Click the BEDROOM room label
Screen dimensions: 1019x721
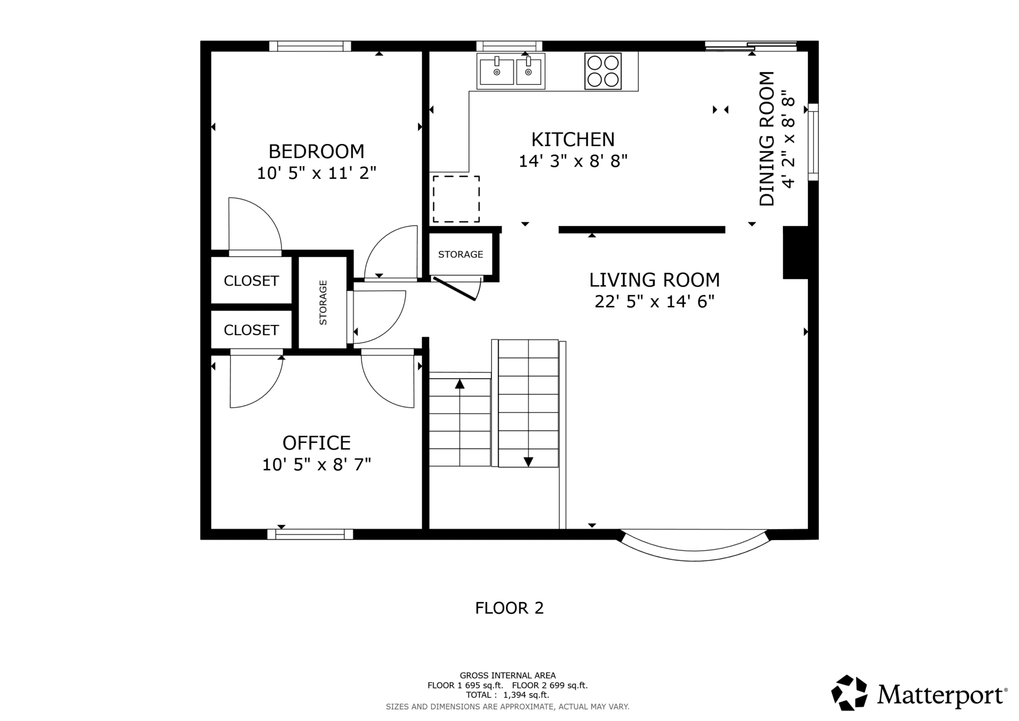[316, 152]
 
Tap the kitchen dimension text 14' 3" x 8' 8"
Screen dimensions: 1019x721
[573, 161]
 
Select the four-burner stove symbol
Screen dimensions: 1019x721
[603, 71]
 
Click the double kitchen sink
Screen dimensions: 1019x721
[511, 71]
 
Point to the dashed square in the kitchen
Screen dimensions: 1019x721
[456, 199]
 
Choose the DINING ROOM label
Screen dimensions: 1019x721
[767, 139]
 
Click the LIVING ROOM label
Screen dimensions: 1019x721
[654, 280]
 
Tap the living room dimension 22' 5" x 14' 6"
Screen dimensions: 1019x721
[654, 302]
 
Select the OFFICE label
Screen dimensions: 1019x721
[316, 443]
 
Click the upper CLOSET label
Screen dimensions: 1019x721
[251, 281]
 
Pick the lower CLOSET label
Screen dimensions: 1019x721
[251, 330]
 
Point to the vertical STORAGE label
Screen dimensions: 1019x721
[323, 303]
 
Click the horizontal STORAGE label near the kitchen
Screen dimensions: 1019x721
[461, 254]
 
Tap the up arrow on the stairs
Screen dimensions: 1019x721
[460, 383]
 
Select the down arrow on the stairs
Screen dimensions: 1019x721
[528, 462]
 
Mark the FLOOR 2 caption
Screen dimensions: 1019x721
[509, 608]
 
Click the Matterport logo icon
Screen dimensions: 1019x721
[849, 692]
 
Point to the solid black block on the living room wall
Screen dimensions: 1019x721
[796, 253]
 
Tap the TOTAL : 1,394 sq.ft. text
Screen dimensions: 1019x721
[508, 695]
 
